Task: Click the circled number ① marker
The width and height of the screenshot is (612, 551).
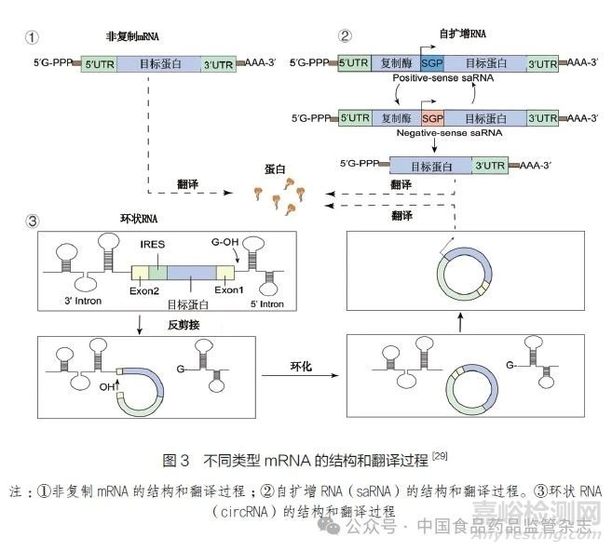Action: coord(34,38)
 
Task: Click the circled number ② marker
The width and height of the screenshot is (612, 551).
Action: coord(346,38)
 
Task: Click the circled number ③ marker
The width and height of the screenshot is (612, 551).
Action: coord(34,222)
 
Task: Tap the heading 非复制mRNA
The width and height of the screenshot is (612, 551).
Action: coord(134,37)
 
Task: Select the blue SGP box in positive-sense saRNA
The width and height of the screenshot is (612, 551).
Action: coord(432,64)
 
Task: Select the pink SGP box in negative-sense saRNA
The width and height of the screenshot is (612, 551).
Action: coord(432,118)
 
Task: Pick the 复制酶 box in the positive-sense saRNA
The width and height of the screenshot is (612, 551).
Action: coord(395,64)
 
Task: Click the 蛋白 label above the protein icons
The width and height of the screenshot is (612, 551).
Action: coord(276,170)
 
